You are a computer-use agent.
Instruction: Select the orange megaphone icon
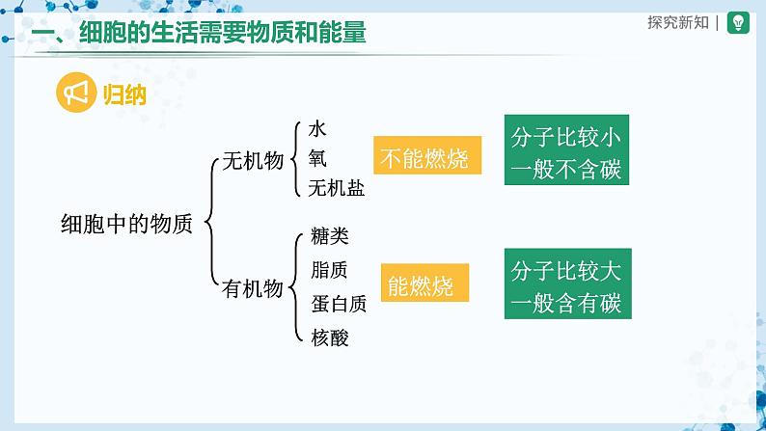(x=75, y=94)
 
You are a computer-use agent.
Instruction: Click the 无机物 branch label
(x=252, y=161)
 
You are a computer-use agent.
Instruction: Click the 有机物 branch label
(x=252, y=288)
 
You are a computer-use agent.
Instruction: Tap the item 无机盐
(x=338, y=187)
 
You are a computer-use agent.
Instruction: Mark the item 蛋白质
(x=339, y=304)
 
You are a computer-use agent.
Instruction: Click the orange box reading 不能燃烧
(x=425, y=159)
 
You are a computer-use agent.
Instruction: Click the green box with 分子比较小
(x=566, y=152)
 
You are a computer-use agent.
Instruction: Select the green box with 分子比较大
(x=566, y=284)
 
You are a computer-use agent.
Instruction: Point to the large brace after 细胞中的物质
(x=208, y=224)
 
